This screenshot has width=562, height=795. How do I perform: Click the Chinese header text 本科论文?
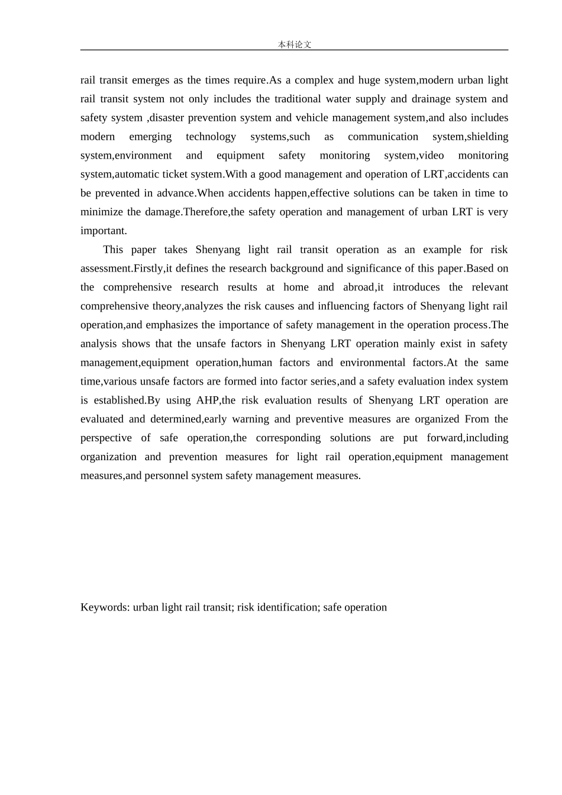coord(295,44)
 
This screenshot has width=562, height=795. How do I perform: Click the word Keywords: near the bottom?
coord(105,607)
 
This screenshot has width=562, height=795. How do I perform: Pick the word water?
coord(343,99)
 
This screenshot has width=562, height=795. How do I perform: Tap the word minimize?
coord(102,212)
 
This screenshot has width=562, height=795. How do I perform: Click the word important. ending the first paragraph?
coord(104,231)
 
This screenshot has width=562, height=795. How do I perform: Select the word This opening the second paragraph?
coord(113,250)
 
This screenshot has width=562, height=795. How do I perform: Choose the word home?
coord(296,287)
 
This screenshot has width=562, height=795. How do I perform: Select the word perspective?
coord(106,438)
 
